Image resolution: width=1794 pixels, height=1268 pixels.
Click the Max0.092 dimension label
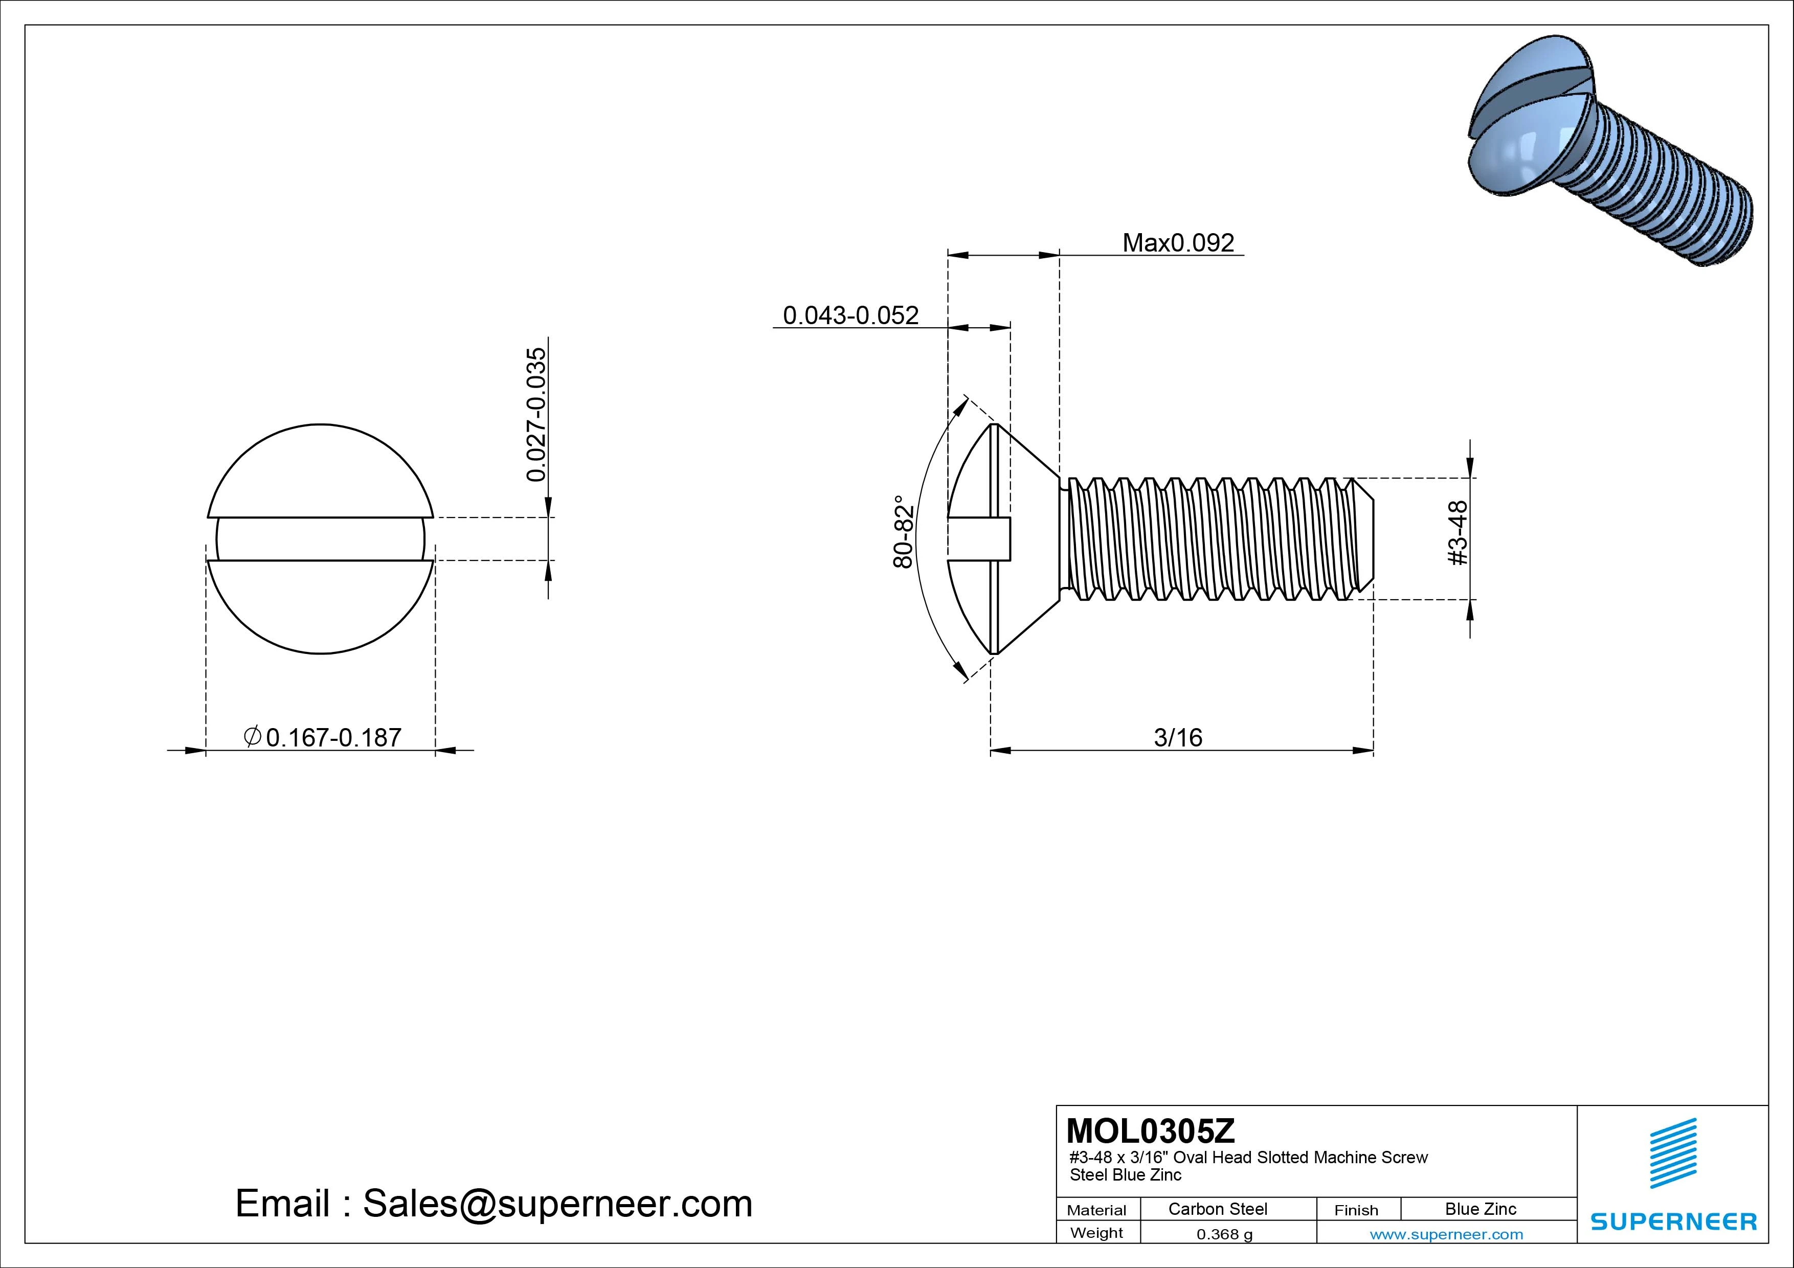1178,243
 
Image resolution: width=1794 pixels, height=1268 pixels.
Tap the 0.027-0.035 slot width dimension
537,415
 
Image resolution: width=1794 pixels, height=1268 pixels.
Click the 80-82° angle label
904,531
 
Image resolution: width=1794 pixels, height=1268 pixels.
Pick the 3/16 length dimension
1178,737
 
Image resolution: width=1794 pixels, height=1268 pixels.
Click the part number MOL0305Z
1150,1130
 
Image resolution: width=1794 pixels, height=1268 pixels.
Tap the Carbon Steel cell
1217,1209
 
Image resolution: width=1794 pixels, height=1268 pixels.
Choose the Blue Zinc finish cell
1480,1209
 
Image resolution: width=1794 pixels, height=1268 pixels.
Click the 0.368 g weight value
1224,1234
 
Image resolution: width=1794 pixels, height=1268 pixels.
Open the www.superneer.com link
1446,1234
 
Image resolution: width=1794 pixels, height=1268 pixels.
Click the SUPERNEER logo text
1673,1221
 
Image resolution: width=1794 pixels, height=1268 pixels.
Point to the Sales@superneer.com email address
557,1203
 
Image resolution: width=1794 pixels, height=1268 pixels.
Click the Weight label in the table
1096,1233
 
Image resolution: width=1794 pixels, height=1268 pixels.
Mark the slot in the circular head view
320,539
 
